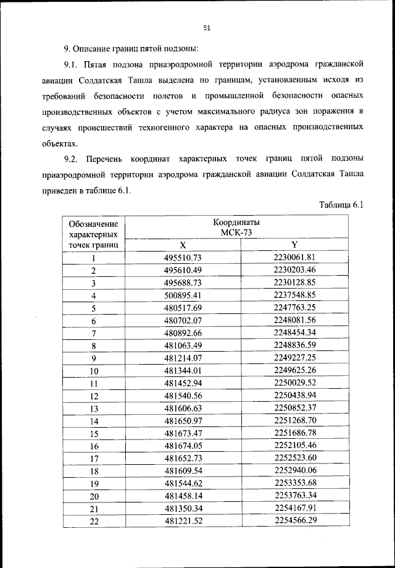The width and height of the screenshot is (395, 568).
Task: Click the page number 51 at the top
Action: point(207,27)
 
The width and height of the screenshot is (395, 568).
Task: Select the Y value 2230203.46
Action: point(294,270)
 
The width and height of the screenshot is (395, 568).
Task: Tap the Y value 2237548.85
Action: point(294,295)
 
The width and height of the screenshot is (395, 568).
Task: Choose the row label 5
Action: point(94,308)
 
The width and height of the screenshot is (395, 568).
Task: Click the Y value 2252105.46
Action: point(294,446)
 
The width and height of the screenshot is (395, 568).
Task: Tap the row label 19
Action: point(94,484)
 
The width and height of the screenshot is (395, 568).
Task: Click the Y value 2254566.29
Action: point(294,522)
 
